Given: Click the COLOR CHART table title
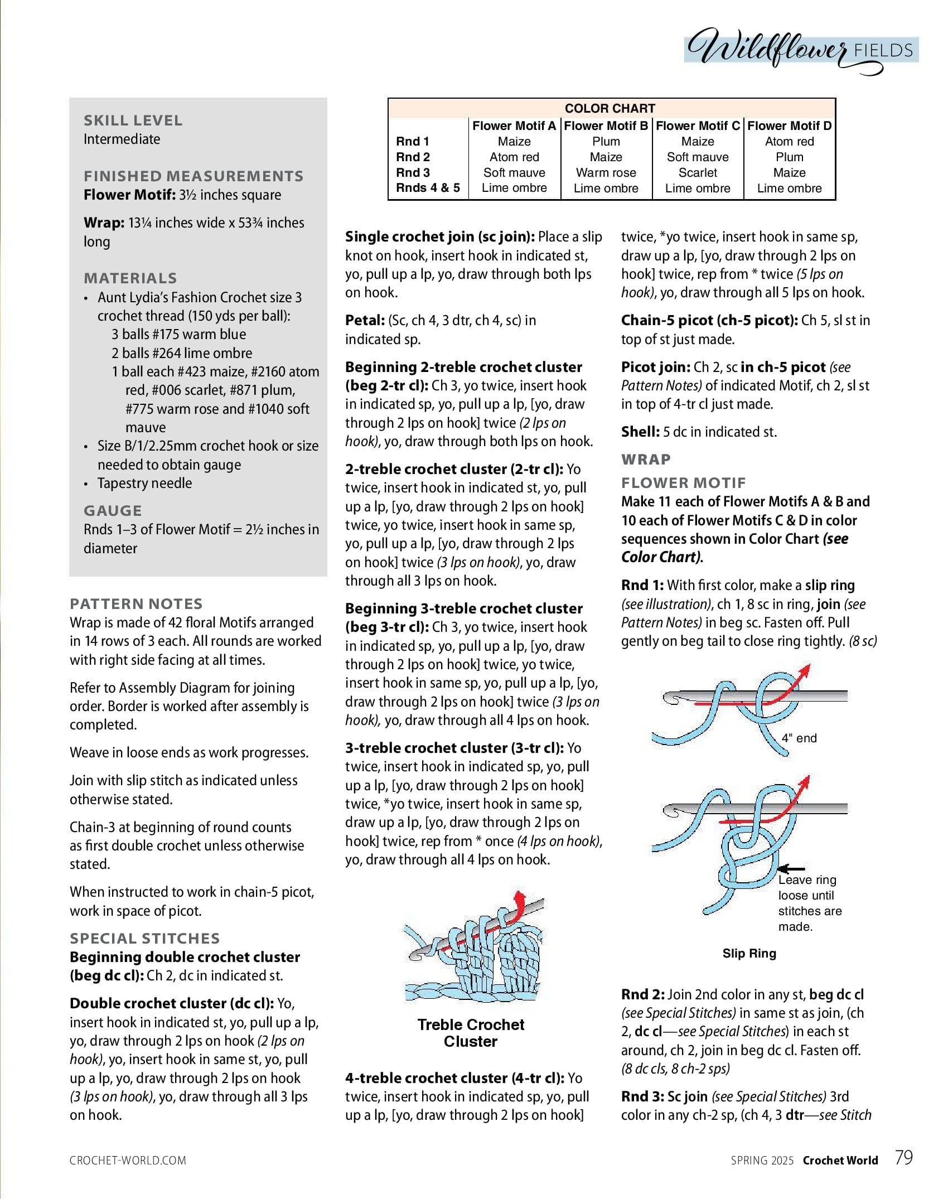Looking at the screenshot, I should [x=610, y=108].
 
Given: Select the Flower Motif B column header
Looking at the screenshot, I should [x=606, y=126].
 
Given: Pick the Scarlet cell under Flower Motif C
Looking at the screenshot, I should [x=698, y=173].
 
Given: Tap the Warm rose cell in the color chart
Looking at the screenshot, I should [x=606, y=173].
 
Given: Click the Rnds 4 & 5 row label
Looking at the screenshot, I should [x=428, y=188].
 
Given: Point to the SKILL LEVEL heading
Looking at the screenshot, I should [x=133, y=120].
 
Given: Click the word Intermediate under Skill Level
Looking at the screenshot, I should [x=122, y=139].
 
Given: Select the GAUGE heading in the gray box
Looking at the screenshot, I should [x=113, y=511].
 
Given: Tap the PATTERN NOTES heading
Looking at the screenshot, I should [x=136, y=603].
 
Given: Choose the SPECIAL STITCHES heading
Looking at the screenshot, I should [x=144, y=938].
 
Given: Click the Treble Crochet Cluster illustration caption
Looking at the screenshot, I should [x=471, y=1033].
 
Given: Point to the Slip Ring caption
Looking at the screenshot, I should [x=749, y=954].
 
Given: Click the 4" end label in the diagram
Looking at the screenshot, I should [x=799, y=738].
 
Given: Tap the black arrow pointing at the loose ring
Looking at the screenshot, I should [x=791, y=868].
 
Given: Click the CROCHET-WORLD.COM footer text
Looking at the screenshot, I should [x=128, y=1161].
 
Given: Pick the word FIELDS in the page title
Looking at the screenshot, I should [x=883, y=51].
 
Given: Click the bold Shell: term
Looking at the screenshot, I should [x=640, y=432].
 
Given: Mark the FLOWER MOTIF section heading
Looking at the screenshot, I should [x=683, y=483].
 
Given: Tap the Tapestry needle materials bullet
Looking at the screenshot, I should [x=144, y=484].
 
